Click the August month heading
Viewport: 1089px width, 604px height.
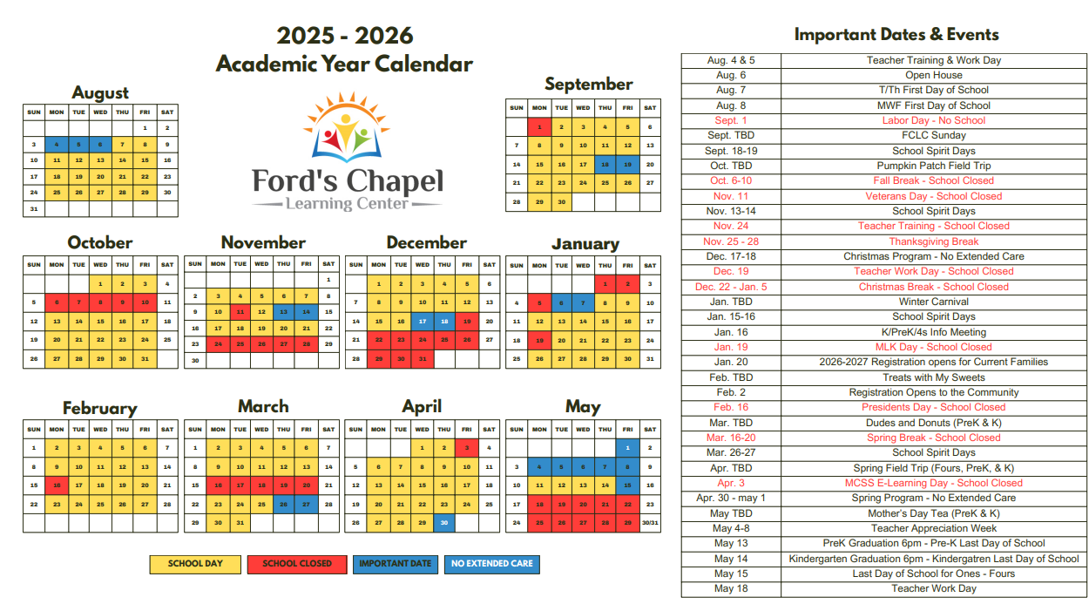pyautogui.click(x=100, y=92)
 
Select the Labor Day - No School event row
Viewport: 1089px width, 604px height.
pyautogui.click(x=933, y=120)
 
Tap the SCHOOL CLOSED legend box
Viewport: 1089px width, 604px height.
pyautogui.click(x=297, y=564)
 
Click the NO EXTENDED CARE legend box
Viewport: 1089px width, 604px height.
pyautogui.click(x=492, y=564)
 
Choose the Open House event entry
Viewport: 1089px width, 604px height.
pyautogui.click(x=933, y=75)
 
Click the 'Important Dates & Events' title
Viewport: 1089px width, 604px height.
pyautogui.click(x=896, y=35)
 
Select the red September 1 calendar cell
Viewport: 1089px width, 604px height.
pyautogui.click(x=539, y=127)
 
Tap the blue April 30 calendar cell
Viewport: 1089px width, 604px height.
pyautogui.click(x=444, y=523)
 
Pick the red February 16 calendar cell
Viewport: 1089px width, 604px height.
pyautogui.click(x=57, y=485)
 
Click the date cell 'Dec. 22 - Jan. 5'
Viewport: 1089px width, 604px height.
pyautogui.click(x=731, y=287)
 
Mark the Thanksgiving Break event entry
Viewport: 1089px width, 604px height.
pyautogui.click(x=933, y=241)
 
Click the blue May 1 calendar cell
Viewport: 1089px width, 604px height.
pyautogui.click(x=627, y=448)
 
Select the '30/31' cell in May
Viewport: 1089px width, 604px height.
pyautogui.click(x=650, y=523)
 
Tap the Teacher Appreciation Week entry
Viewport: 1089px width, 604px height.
pyautogui.click(x=933, y=528)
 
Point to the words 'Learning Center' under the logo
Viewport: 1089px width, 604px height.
pyautogui.click(x=347, y=204)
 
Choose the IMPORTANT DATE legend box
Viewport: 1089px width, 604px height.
pyautogui.click(x=395, y=564)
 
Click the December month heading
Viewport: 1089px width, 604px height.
pyautogui.click(x=426, y=243)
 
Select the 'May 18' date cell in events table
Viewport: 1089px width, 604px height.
pyautogui.click(x=731, y=588)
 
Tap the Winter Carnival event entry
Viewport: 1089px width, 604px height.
pyautogui.click(x=933, y=302)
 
